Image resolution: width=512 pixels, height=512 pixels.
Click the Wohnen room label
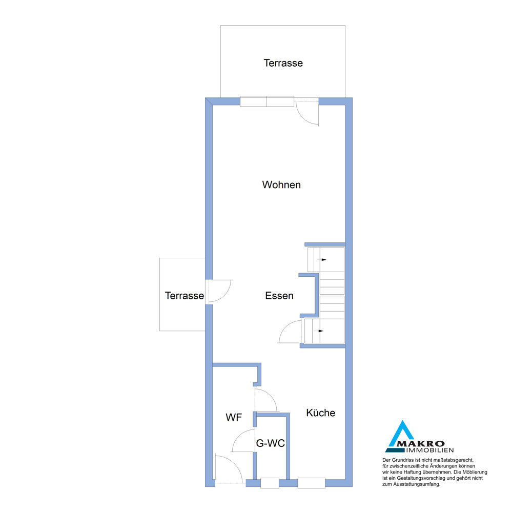click(281, 185)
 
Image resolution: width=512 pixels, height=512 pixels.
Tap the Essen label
click(279, 296)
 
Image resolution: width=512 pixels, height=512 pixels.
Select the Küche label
click(321, 413)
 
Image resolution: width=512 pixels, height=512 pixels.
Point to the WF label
click(234, 417)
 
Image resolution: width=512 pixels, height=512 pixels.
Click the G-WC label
click(271, 443)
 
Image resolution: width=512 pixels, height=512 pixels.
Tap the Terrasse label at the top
click(283, 63)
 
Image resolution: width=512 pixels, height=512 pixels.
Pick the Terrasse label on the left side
click(185, 296)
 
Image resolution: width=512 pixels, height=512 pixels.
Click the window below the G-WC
click(270, 483)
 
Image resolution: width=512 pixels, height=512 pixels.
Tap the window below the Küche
click(311, 483)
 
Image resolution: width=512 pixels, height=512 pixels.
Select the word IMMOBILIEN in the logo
click(429, 450)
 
